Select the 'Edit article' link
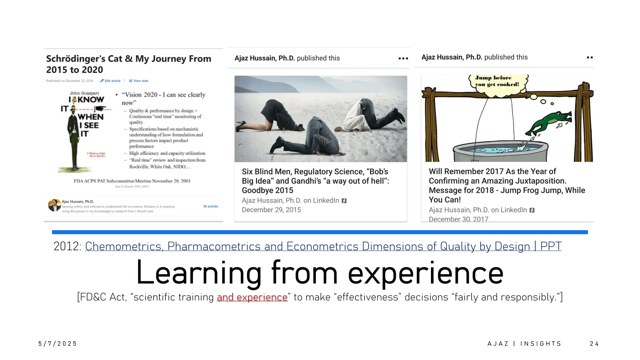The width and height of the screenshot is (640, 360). (x=111, y=81)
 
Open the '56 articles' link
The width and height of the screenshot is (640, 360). (x=211, y=207)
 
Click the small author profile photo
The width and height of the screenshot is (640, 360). (x=54, y=205)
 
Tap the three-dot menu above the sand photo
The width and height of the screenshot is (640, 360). (x=403, y=58)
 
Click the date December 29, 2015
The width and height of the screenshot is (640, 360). (x=271, y=210)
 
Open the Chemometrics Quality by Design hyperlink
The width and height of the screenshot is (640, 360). (x=323, y=247)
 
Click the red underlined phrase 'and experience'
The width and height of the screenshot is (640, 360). (x=252, y=297)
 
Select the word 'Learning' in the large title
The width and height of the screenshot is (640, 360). (x=199, y=273)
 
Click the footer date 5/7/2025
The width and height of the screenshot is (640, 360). (x=57, y=344)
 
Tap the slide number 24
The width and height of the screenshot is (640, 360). (x=594, y=344)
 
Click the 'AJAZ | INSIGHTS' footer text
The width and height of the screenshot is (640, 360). (x=524, y=344)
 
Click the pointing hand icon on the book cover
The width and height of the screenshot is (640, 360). (x=100, y=109)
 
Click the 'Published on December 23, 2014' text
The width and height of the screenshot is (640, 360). (x=70, y=81)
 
